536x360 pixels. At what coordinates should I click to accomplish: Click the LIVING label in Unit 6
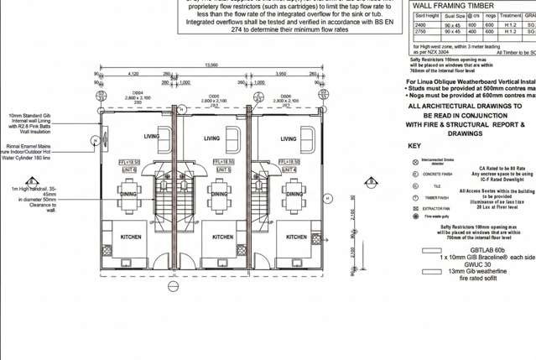point(152,138)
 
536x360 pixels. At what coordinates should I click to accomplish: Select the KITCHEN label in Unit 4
point(296,237)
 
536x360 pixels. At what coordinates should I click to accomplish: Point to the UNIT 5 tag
point(222,170)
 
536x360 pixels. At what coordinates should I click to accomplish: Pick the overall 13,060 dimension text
point(211,65)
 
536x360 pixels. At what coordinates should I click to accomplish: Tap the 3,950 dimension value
point(283,74)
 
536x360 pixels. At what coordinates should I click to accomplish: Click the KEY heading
point(414,146)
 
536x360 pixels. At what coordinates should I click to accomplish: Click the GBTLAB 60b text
point(488,250)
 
